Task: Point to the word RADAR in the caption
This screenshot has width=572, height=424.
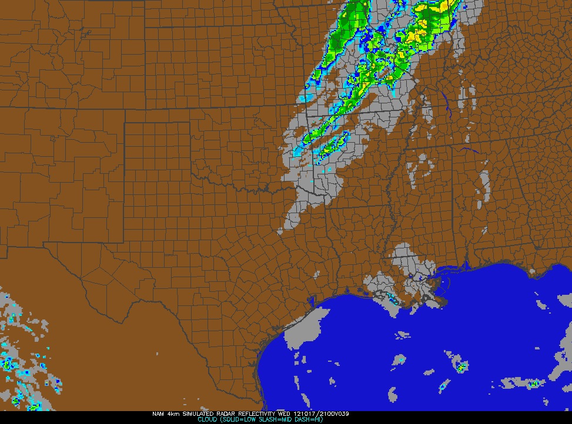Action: tap(219, 414)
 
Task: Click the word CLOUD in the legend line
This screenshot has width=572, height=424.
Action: tap(208, 420)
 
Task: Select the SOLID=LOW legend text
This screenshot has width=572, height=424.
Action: tap(238, 420)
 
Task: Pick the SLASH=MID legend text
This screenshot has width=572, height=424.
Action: tap(273, 420)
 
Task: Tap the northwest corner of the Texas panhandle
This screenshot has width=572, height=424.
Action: tap(125, 123)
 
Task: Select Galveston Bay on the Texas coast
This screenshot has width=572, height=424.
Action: tap(310, 301)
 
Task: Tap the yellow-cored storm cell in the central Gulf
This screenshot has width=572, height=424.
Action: tap(461, 368)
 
